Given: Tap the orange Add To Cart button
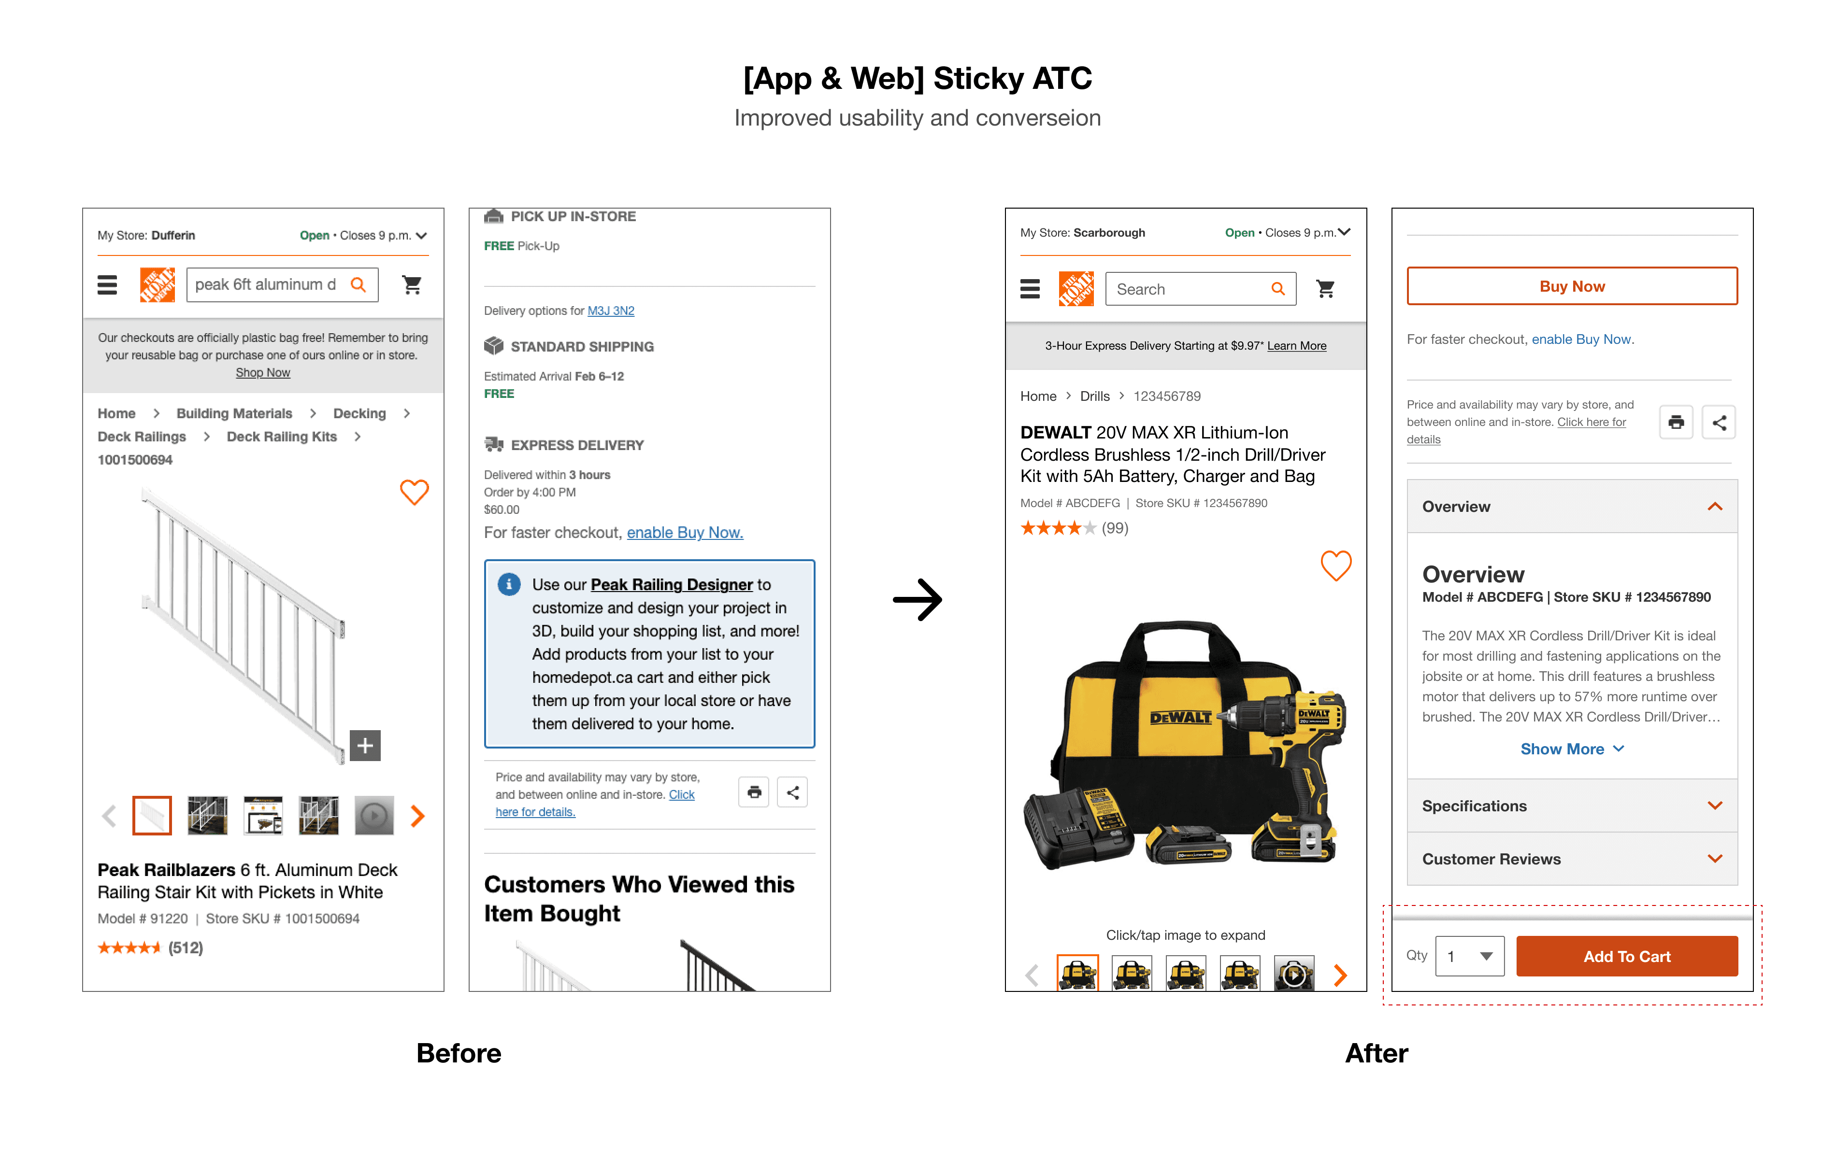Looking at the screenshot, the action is (x=1626, y=956).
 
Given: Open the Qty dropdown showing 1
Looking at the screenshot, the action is (x=1469, y=956).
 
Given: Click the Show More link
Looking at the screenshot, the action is (x=1571, y=749).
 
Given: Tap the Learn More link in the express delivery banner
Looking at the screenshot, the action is (x=1296, y=346).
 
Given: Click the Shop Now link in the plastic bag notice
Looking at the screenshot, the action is (x=262, y=373).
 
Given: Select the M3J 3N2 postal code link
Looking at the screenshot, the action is (x=611, y=311).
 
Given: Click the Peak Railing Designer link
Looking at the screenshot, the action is (x=671, y=584).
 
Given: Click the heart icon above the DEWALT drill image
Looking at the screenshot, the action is (x=1336, y=565).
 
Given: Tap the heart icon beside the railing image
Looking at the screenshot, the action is (x=414, y=492).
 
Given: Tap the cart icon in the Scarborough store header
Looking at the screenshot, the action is (x=1325, y=289).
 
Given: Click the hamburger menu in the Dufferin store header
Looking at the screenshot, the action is (x=107, y=285).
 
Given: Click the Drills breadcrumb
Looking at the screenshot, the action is (x=1094, y=396).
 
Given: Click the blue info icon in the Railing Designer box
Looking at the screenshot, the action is (x=509, y=584).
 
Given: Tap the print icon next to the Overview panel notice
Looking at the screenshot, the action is (x=1676, y=422).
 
